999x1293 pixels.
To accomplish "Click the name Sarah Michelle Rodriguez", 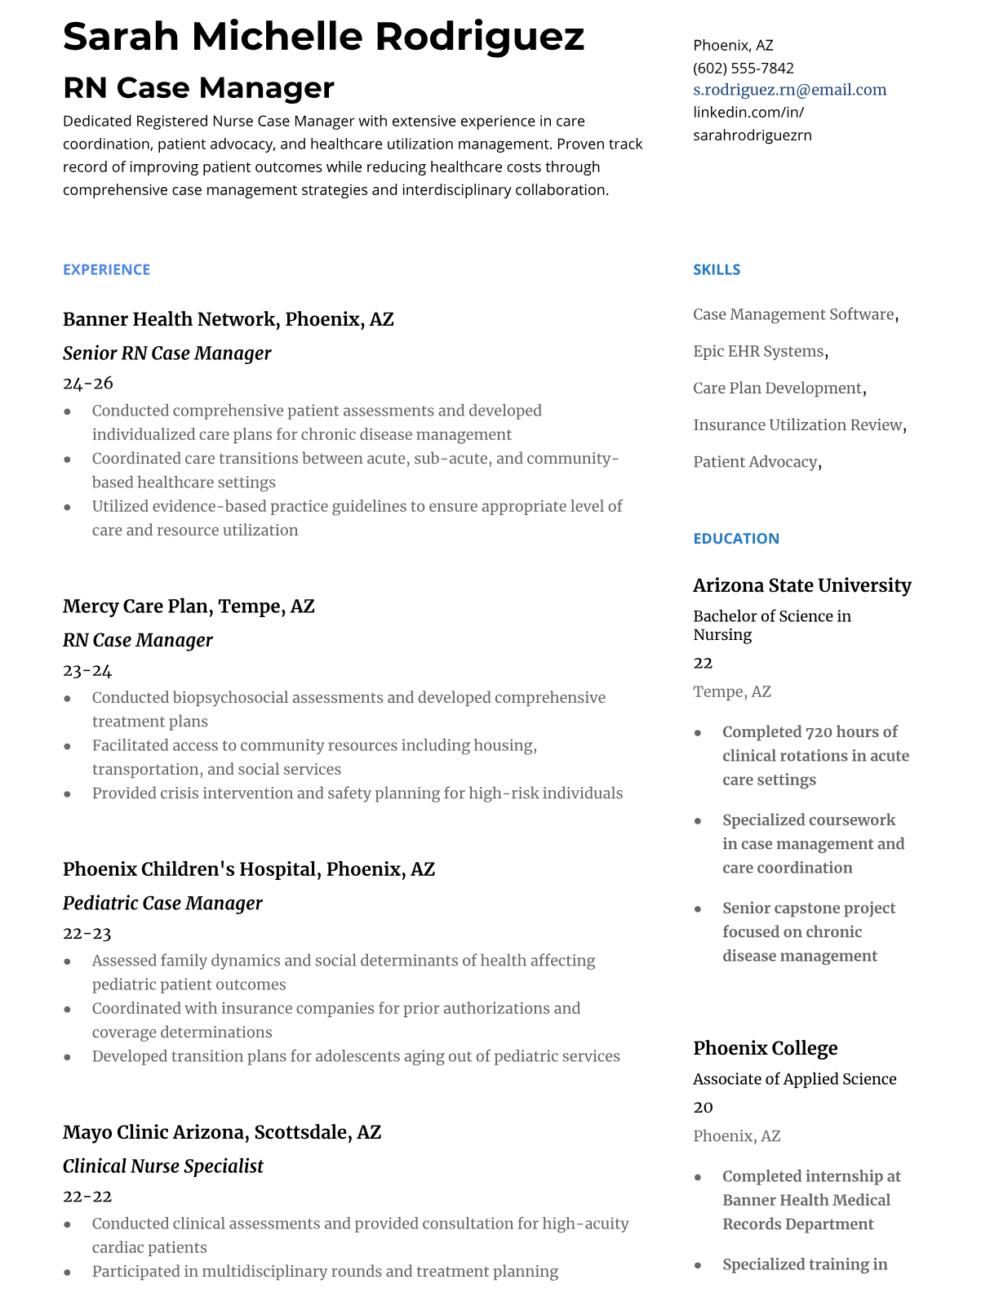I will (323, 37).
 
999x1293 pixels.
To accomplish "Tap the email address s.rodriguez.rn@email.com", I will (789, 90).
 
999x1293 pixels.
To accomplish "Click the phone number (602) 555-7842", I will (743, 68).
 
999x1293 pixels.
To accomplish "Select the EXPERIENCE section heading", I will (106, 269).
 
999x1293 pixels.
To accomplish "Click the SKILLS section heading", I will (716, 269).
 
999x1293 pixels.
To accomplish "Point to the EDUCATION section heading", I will (735, 539).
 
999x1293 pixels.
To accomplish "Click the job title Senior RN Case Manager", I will (166, 353).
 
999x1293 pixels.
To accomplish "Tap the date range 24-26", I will (87, 384).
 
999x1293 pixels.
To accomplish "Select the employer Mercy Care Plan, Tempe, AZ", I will (189, 607).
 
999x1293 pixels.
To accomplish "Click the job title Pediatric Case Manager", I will (162, 904).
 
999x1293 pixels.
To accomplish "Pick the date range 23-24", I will (87, 671).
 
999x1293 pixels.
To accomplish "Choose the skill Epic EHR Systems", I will (758, 352).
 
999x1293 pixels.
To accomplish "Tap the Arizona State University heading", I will (801, 585).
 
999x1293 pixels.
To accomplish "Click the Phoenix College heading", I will (765, 1048).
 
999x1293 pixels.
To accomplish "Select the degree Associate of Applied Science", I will (794, 1079).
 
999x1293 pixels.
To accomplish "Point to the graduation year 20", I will (703, 1108).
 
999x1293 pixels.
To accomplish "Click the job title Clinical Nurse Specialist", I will (162, 1166).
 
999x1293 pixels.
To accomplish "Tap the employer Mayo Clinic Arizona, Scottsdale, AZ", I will (222, 1132).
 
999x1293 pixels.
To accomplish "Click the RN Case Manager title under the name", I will (198, 88).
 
